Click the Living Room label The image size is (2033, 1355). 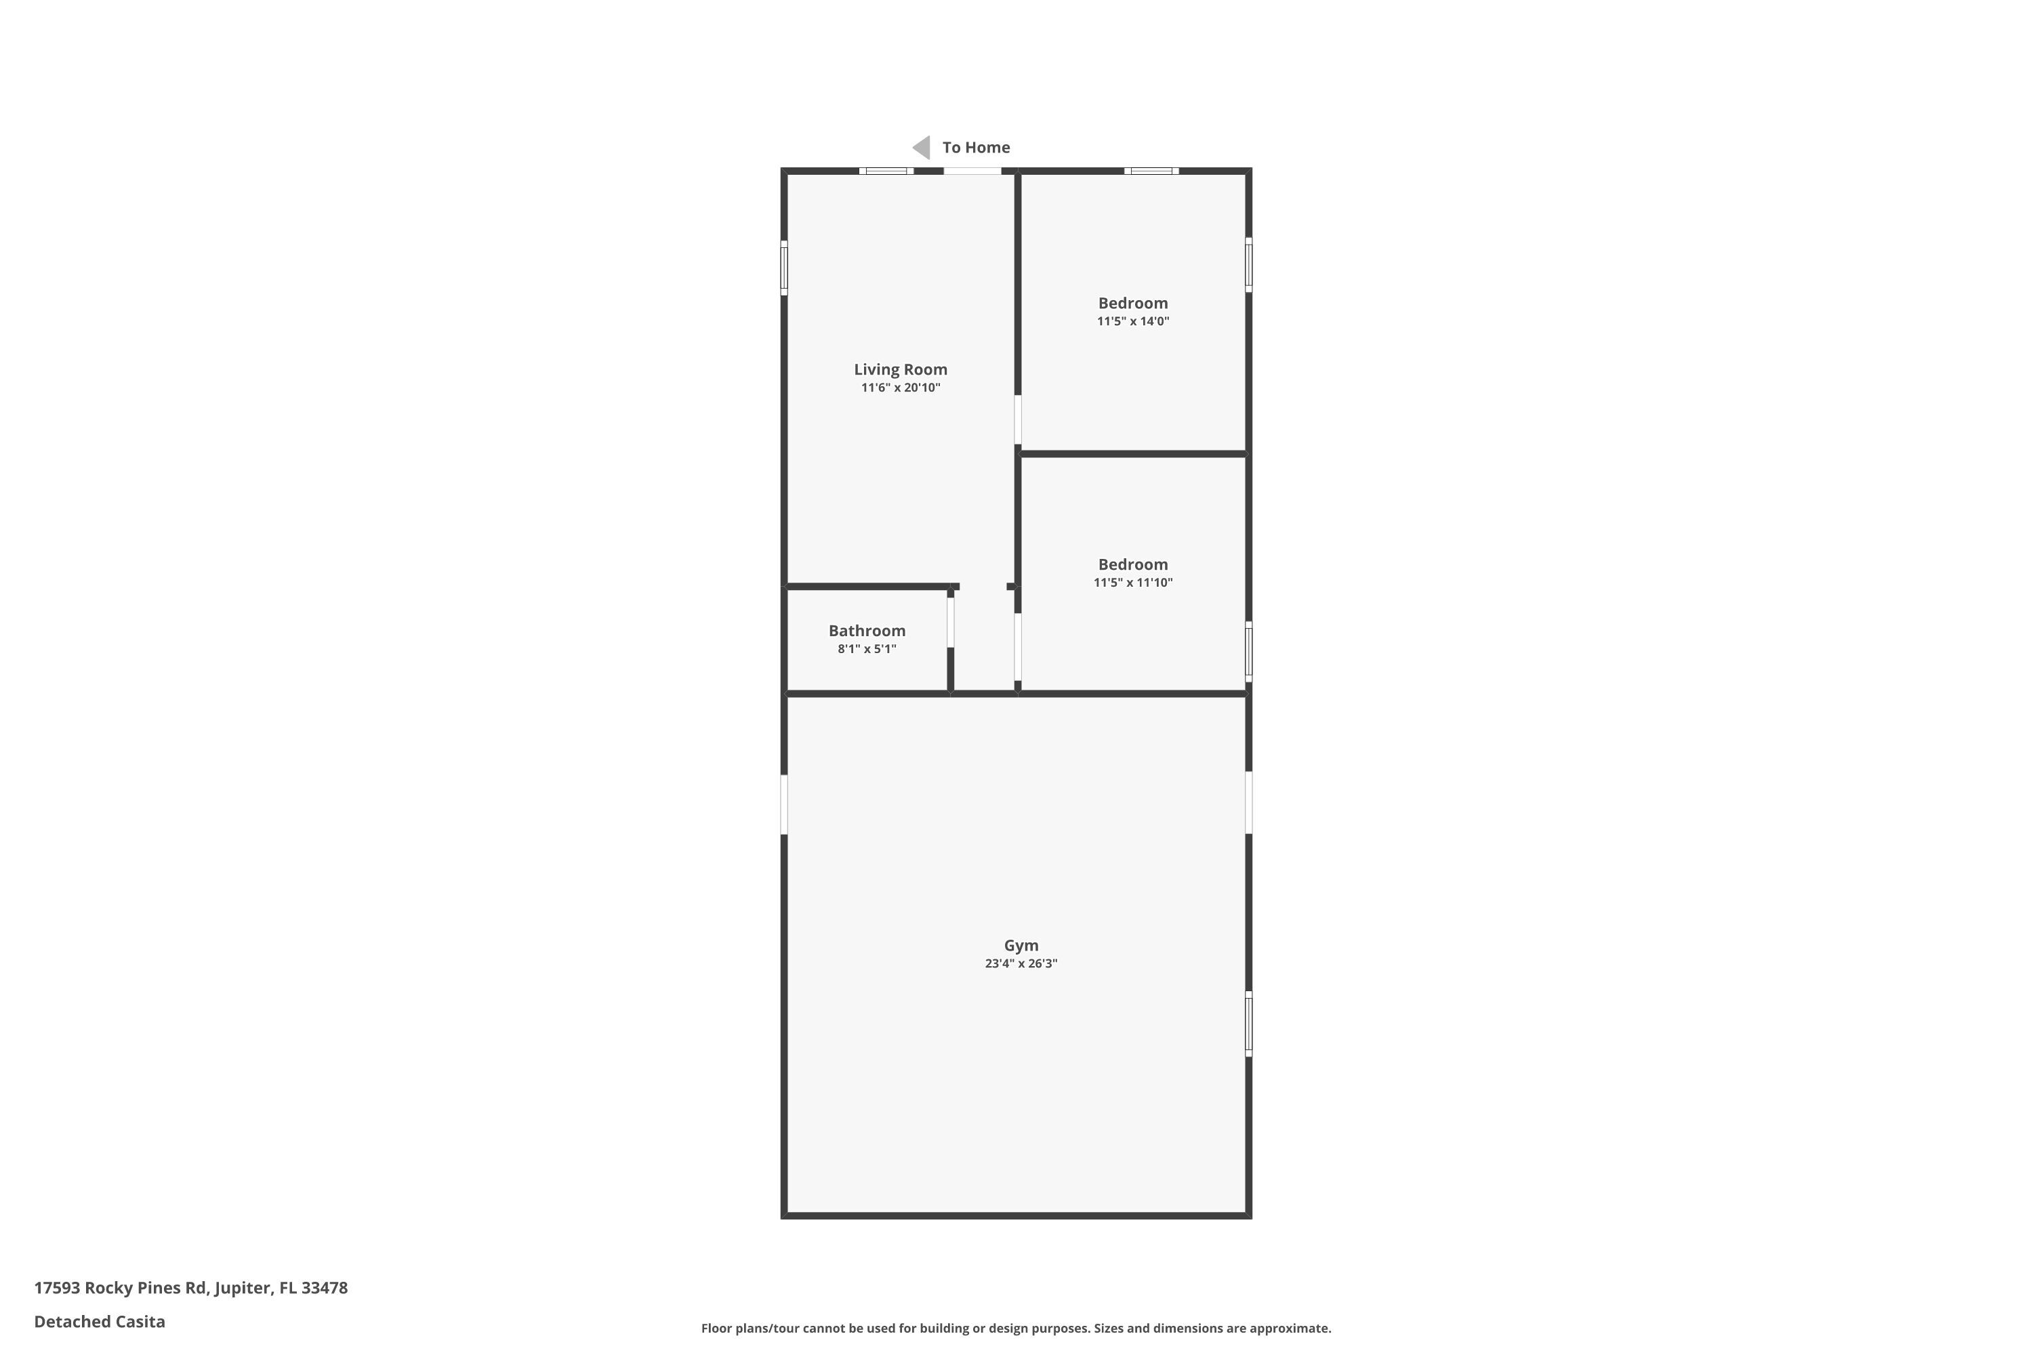(x=900, y=369)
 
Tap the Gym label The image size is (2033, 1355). (x=1021, y=945)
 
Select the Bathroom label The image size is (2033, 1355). (x=866, y=631)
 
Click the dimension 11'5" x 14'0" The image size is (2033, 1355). (x=1132, y=321)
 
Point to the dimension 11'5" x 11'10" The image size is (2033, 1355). (x=1132, y=583)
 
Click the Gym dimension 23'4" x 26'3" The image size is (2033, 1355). (x=1021, y=963)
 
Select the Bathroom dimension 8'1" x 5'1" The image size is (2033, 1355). (x=866, y=649)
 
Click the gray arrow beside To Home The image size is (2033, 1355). (x=922, y=148)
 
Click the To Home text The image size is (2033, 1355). (x=976, y=148)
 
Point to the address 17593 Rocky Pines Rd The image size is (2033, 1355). (x=190, y=1288)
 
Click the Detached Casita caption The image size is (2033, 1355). (x=100, y=1321)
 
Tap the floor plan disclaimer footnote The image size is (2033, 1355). (x=1016, y=1328)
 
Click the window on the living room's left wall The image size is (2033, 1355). (x=784, y=268)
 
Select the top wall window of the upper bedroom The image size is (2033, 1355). (x=1151, y=171)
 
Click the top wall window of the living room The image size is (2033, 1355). (x=886, y=171)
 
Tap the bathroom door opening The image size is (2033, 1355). (x=950, y=622)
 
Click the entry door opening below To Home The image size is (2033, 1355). (x=972, y=171)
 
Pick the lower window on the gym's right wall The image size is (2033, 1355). (x=1248, y=1023)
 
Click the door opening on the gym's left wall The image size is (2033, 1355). (x=784, y=805)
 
